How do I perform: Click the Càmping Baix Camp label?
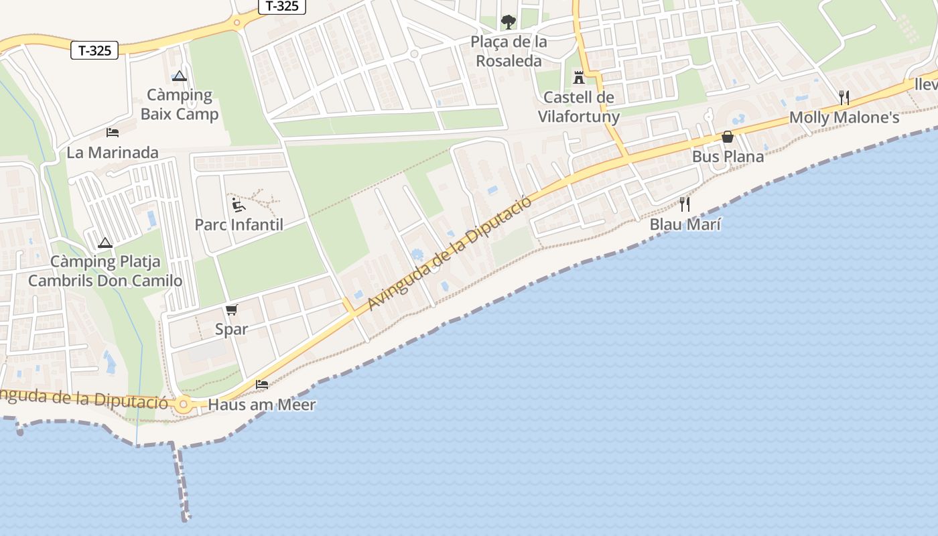(x=180, y=105)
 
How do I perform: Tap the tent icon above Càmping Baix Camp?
(x=179, y=76)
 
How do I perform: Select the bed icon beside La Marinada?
(x=113, y=133)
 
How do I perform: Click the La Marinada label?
(x=113, y=153)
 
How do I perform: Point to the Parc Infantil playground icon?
(x=239, y=204)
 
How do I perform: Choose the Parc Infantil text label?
(x=239, y=224)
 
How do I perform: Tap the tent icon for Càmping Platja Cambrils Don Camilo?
(x=105, y=243)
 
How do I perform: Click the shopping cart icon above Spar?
(x=232, y=310)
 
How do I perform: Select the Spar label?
(x=232, y=329)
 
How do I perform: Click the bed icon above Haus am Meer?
(x=262, y=385)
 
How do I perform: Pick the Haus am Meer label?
(x=262, y=405)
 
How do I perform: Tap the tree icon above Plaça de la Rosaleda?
(x=509, y=22)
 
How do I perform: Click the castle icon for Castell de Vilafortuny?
(x=579, y=77)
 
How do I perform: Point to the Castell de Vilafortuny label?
(x=579, y=107)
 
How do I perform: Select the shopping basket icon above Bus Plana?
(x=728, y=137)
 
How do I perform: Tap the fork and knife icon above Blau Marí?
(x=685, y=204)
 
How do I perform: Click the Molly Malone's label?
(x=844, y=118)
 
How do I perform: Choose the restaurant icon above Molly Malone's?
(x=844, y=98)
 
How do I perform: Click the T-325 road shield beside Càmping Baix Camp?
(x=94, y=50)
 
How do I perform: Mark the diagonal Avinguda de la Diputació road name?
(x=450, y=254)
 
